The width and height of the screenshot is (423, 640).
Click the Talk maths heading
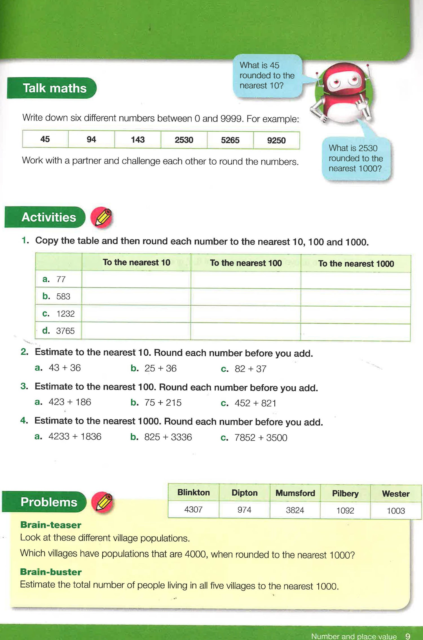point(54,88)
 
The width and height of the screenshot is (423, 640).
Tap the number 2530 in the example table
point(184,140)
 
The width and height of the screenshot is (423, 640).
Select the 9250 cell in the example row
point(276,140)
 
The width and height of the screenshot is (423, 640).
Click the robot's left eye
point(336,82)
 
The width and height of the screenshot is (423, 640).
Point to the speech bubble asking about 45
point(267,76)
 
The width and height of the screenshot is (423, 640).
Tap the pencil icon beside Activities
point(102,218)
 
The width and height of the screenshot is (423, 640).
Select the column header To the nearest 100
point(246,263)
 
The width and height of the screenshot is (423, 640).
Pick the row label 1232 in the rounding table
point(65,314)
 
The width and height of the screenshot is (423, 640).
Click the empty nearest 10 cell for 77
point(136,280)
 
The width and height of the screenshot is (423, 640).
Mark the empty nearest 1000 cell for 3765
point(355,331)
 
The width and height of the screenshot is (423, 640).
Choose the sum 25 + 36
point(160,368)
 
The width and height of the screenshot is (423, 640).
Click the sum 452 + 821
point(255,403)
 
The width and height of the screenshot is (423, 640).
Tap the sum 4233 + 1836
point(75,437)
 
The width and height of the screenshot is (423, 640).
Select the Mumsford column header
point(295,493)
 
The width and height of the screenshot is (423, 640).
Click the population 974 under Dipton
point(244,510)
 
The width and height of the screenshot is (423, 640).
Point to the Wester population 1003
point(396,511)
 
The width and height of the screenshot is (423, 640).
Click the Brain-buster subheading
point(51,572)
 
